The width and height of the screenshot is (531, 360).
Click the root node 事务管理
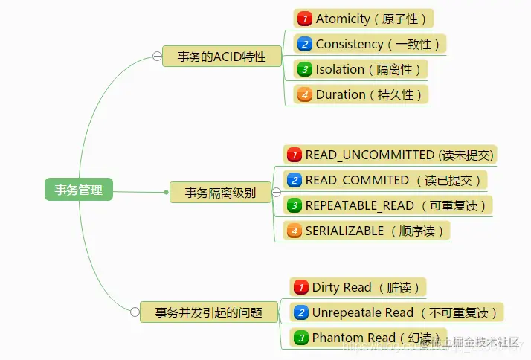pos(78,190)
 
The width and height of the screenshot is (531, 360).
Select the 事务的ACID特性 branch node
pos(222,57)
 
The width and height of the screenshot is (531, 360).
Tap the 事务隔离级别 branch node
pos(220,193)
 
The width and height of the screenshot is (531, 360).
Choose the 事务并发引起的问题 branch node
pos(208,312)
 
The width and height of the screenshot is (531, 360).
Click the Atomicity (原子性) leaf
pos(364,19)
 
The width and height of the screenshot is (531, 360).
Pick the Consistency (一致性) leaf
pos(370,44)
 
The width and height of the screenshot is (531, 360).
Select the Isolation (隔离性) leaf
pos(361,69)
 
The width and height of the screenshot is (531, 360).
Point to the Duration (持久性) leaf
pos(361,94)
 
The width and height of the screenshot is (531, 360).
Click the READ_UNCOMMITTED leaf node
pos(390,155)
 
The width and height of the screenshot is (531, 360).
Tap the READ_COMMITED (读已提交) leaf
pos(385,180)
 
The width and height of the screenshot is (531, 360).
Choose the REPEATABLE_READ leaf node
pos(387,205)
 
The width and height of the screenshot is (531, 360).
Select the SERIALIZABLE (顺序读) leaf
pos(367,231)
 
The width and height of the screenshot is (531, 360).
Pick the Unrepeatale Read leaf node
pos(397,312)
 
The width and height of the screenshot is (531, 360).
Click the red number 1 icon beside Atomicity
pos(303,19)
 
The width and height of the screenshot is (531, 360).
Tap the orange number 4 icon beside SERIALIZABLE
pos(294,231)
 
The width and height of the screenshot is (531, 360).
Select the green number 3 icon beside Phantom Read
pos(300,338)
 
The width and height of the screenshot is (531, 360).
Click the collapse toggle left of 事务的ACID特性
pos(156,57)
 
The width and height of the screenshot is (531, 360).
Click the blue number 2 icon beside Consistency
pos(303,44)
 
